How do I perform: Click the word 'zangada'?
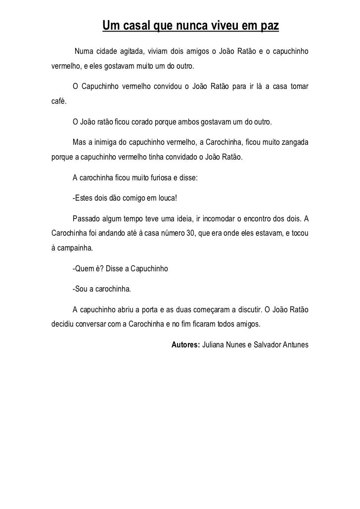point(293,142)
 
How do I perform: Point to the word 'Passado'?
point(87,218)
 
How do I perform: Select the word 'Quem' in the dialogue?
point(85,269)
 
